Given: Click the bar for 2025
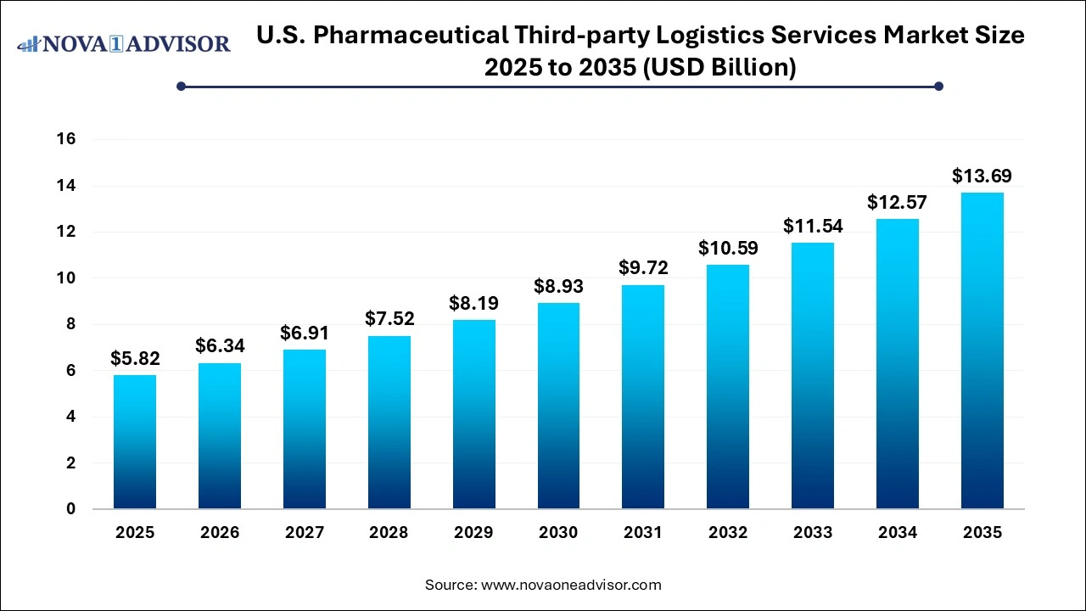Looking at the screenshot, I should [x=135, y=442].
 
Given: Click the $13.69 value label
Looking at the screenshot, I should [x=982, y=177].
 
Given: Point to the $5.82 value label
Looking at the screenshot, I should [x=135, y=359].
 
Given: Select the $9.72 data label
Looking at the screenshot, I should [x=643, y=268].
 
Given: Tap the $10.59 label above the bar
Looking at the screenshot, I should [x=728, y=249].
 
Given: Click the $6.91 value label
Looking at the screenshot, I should [x=305, y=334].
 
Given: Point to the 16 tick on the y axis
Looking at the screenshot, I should [x=67, y=139].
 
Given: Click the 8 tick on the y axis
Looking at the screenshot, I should [x=71, y=324].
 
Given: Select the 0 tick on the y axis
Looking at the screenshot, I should [x=71, y=509].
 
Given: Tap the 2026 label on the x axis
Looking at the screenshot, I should [x=220, y=533].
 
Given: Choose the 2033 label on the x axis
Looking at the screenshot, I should [x=813, y=533].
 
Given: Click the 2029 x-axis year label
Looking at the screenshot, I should [x=473, y=533].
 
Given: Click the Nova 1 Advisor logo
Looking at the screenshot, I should [x=124, y=43].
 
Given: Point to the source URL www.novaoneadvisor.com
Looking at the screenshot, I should [x=571, y=585].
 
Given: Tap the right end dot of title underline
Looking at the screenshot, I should [x=938, y=86].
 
